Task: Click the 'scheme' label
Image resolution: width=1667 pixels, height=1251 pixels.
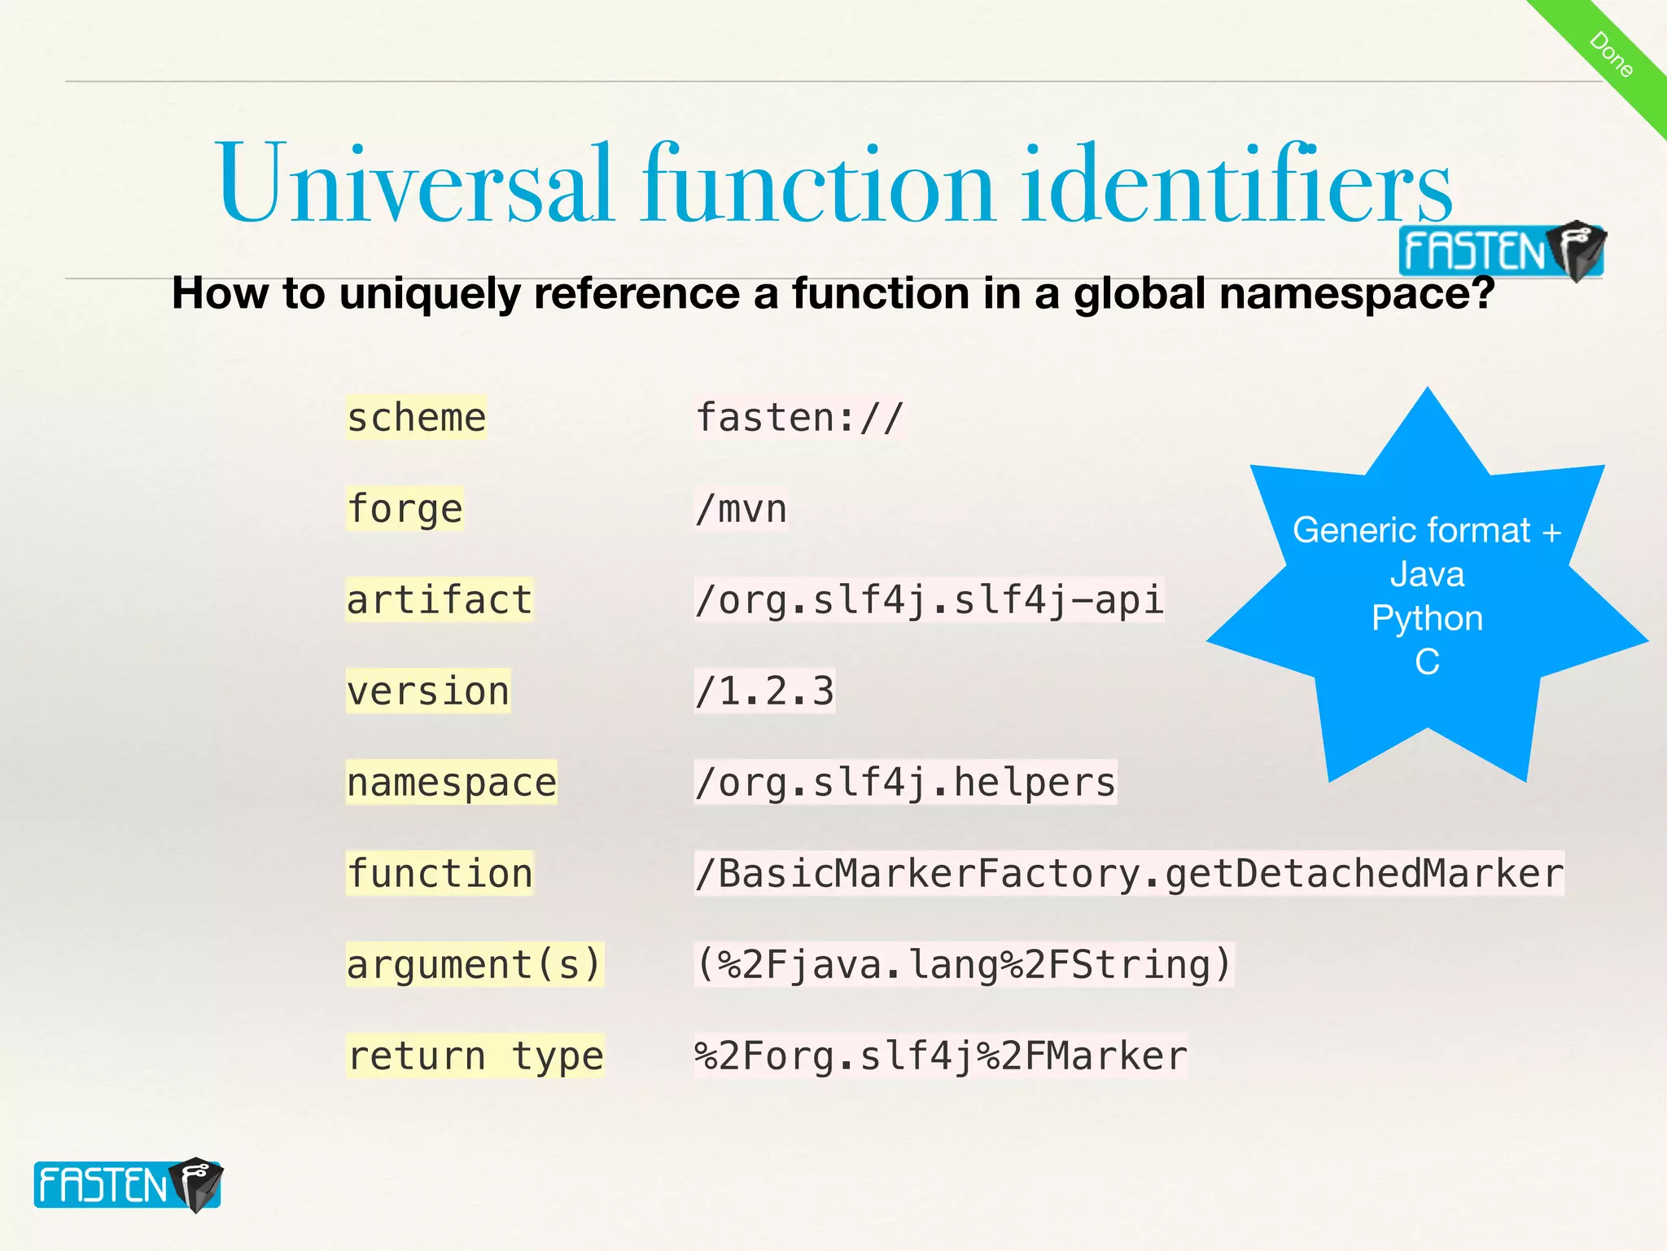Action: point(416,418)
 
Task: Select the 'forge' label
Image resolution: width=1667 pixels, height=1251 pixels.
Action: point(405,509)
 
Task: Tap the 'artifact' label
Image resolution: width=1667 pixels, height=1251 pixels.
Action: point(440,600)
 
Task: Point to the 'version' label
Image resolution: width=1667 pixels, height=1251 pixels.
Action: point(428,691)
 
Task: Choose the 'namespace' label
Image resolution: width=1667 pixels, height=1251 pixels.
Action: point(452,783)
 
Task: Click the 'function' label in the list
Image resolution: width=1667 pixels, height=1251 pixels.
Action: point(440,874)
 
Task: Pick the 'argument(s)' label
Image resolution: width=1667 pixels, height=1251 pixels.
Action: point(475,965)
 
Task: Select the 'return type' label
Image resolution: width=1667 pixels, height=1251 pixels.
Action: point(475,1056)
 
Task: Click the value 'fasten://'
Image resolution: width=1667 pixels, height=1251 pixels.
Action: point(799,418)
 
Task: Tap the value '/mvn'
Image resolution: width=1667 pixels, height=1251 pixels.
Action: point(741,509)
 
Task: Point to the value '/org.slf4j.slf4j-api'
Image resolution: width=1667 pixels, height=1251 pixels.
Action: point(929,600)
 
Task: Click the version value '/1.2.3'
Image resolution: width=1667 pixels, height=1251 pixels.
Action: point(764,691)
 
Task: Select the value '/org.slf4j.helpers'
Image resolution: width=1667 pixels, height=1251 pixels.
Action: point(905,783)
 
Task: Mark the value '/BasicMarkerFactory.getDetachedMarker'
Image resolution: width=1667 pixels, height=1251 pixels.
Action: point(1129,874)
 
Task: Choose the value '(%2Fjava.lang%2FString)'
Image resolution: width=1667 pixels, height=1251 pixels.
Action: point(964,965)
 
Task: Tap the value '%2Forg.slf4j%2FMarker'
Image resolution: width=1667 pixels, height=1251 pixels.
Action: point(941,1056)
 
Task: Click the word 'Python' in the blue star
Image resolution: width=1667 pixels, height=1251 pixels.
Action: point(1427,618)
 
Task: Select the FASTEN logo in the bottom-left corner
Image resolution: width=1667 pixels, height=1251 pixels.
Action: point(128,1185)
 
